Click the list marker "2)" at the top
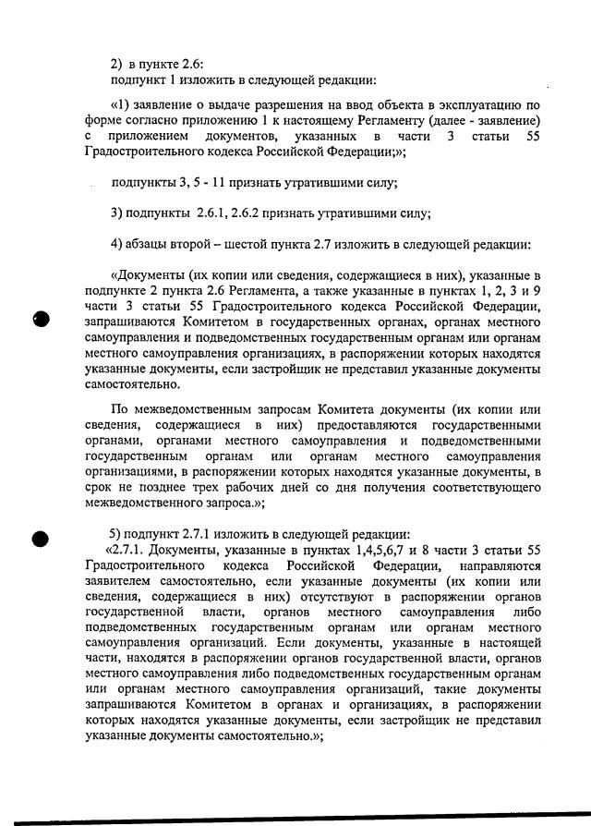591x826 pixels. click(x=116, y=63)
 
